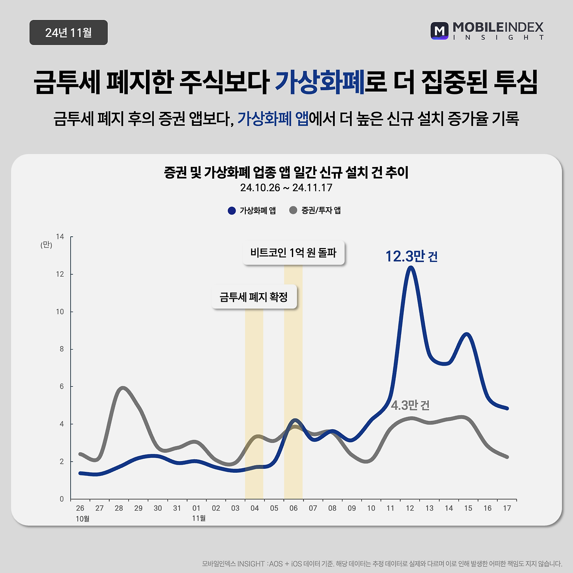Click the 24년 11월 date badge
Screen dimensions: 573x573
68,33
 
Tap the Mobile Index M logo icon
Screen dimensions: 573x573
440,31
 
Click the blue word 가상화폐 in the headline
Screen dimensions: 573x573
320,82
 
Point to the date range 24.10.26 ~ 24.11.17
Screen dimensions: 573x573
286,188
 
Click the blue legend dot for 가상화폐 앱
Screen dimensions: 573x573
231,210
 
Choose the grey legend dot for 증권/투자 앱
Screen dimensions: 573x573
293,210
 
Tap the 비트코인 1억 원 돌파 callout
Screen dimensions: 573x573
294,253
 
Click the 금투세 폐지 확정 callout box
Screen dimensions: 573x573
254,297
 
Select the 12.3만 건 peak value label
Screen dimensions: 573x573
411,257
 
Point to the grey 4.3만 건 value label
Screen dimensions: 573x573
410,405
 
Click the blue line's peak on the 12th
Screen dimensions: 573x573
411,268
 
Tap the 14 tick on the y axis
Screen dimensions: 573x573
60,237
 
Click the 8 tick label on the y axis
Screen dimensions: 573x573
62,349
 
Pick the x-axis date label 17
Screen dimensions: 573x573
507,508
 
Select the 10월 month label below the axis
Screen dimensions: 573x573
82,518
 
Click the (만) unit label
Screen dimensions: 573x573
46,245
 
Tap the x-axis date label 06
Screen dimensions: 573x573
294,508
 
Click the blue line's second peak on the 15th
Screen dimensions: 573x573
467,334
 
